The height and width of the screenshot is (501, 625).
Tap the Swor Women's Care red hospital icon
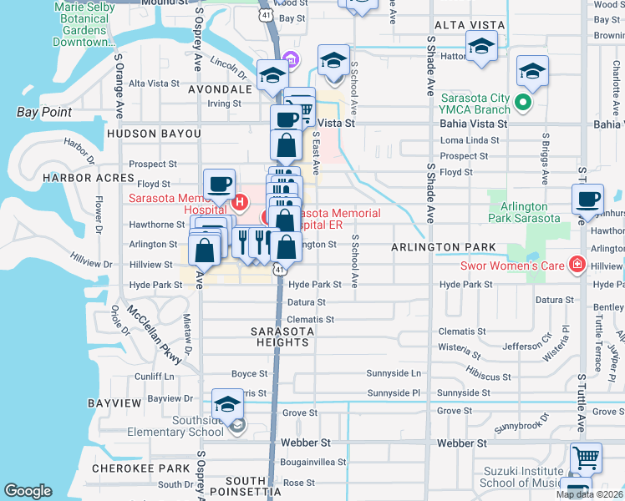tap(576, 266)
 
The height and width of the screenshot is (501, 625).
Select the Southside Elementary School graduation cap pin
tap(226, 406)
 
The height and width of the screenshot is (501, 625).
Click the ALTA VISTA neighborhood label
tap(460, 26)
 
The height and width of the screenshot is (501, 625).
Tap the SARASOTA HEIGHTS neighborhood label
tap(282, 337)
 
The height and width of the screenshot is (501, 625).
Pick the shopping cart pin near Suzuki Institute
tap(586, 459)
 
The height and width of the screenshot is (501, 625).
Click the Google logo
tap(28, 491)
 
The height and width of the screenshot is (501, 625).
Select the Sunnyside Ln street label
tap(394, 373)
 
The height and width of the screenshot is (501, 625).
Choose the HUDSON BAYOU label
tap(154, 134)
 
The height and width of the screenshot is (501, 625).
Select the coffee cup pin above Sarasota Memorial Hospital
tap(220, 184)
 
